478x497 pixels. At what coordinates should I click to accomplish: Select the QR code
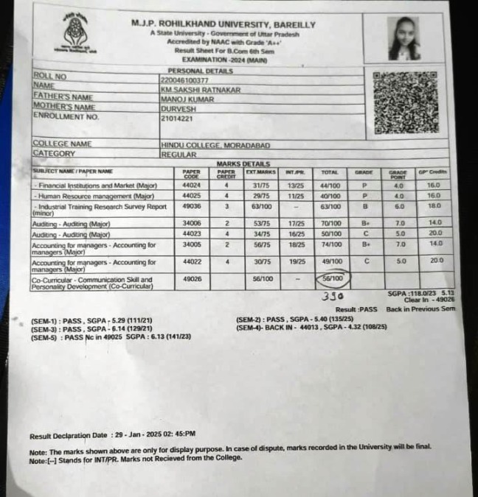click(x=404, y=102)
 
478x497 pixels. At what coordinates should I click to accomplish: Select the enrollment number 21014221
click(x=177, y=118)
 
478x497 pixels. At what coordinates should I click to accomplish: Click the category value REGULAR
click(x=179, y=155)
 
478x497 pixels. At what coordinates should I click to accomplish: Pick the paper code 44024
click(x=192, y=186)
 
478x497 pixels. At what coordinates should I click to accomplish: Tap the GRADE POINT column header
click(x=398, y=175)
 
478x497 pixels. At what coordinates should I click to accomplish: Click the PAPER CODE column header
click(x=191, y=175)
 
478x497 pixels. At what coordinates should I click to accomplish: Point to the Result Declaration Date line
click(x=112, y=435)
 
